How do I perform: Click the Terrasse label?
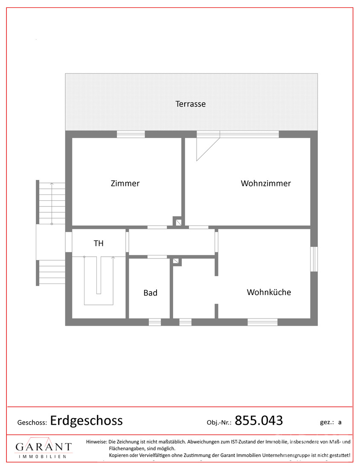click(190, 104)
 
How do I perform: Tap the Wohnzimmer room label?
click(266, 183)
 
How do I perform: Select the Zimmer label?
click(125, 183)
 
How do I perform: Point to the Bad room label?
click(150, 292)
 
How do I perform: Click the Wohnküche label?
click(269, 292)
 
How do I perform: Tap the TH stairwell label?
click(99, 243)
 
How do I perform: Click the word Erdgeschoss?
click(86, 420)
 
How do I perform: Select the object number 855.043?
click(259, 420)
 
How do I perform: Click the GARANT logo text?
click(44, 447)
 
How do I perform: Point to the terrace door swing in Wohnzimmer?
click(208, 149)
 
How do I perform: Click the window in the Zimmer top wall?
click(131, 134)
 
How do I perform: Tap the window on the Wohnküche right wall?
click(314, 259)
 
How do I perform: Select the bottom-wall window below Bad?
click(155, 322)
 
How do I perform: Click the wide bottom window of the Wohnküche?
click(262, 322)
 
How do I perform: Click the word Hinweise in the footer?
click(96, 441)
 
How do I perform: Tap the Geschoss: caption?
click(32, 423)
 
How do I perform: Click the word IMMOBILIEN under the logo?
click(42, 457)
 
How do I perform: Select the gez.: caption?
click(327, 423)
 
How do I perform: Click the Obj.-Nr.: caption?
click(219, 423)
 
